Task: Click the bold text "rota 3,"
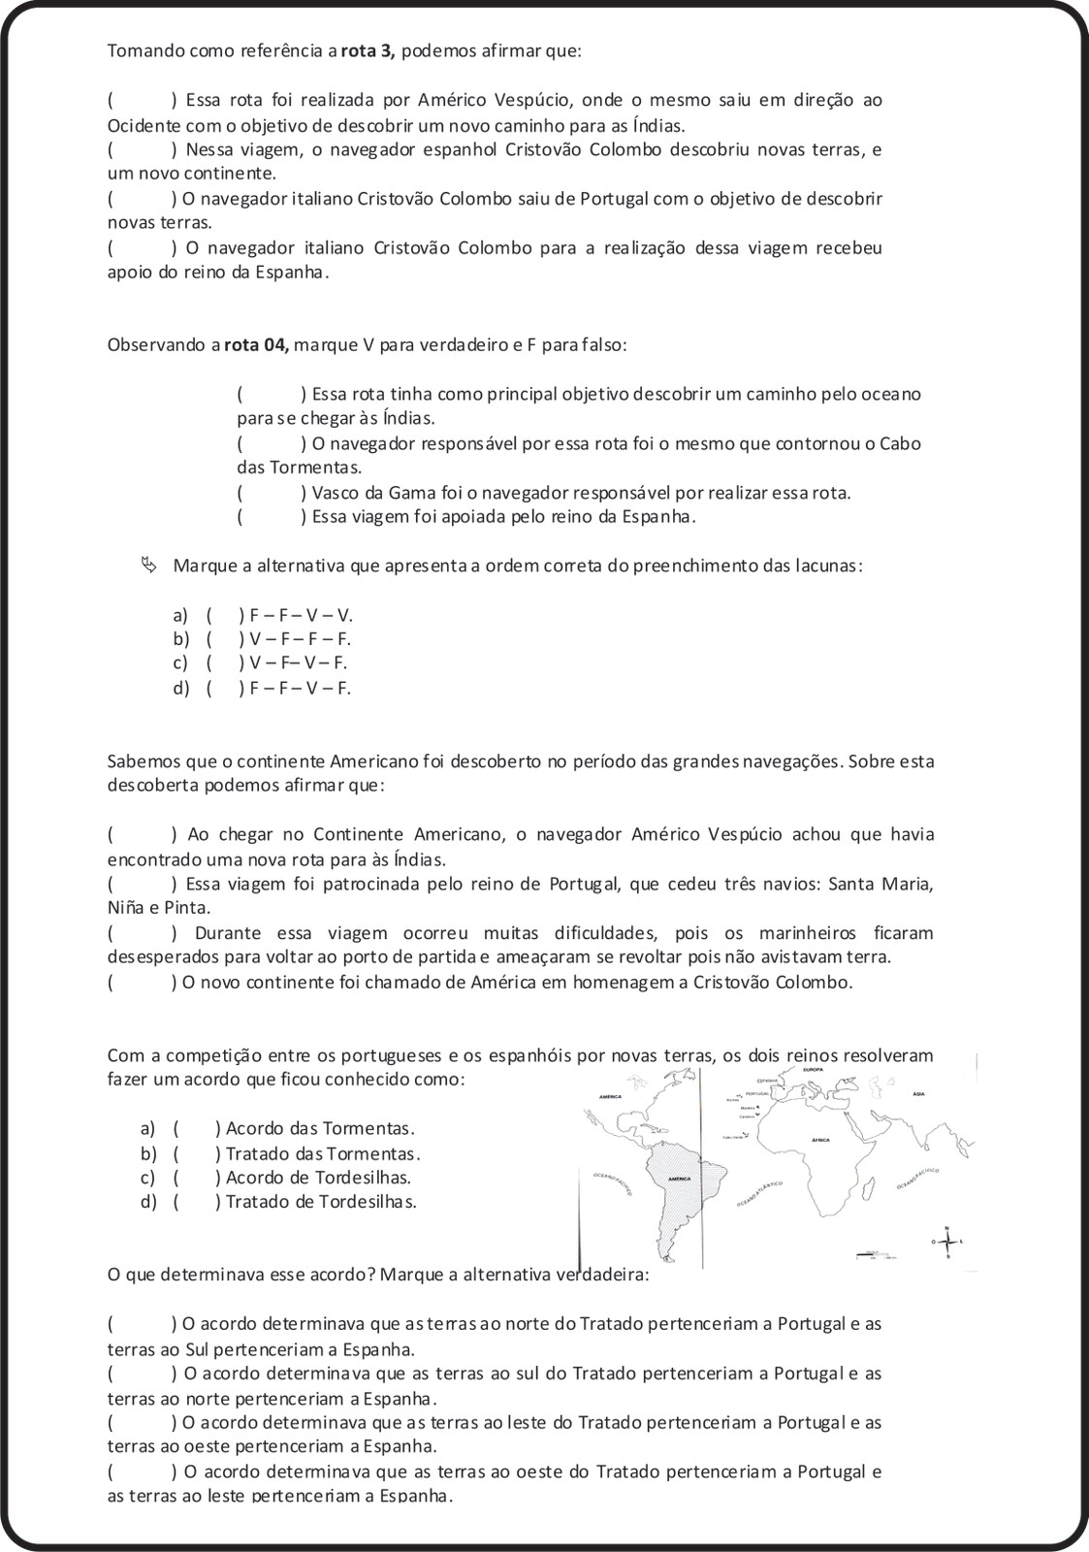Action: [368, 51]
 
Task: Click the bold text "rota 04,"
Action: [257, 344]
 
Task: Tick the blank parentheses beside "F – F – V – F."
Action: [224, 689]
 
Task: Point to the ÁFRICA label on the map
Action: [820, 1140]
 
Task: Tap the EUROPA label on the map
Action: [813, 1069]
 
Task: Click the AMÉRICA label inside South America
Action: [679, 1179]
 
